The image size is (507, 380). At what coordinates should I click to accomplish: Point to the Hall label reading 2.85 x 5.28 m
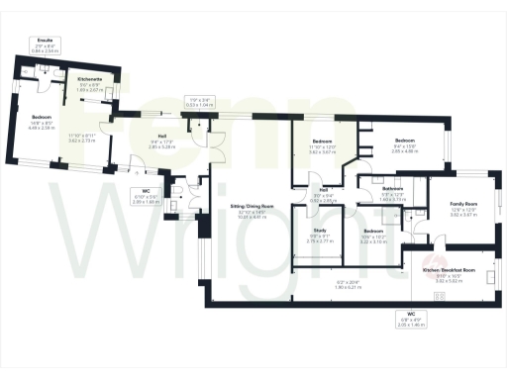tap(160, 139)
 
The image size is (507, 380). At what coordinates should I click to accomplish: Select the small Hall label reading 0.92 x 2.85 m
tap(324, 189)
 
